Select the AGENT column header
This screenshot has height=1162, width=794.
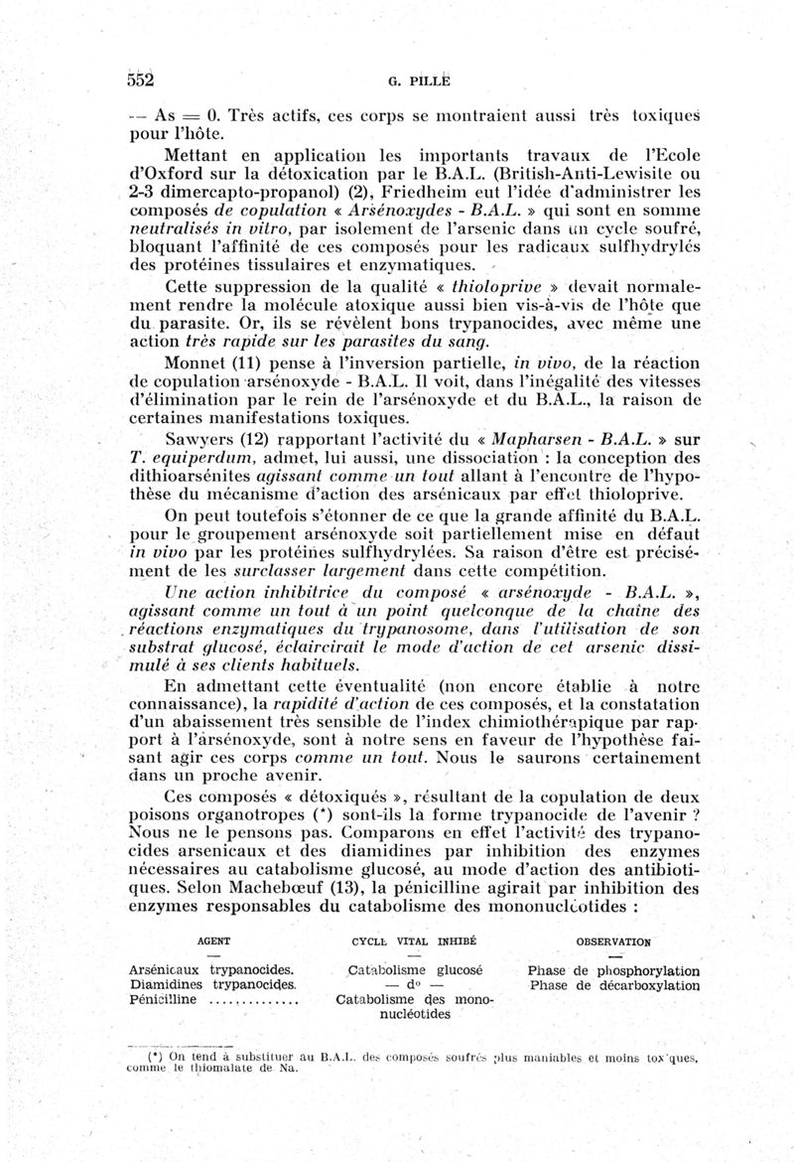click(x=215, y=941)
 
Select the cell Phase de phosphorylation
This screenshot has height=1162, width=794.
click(x=613, y=970)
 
